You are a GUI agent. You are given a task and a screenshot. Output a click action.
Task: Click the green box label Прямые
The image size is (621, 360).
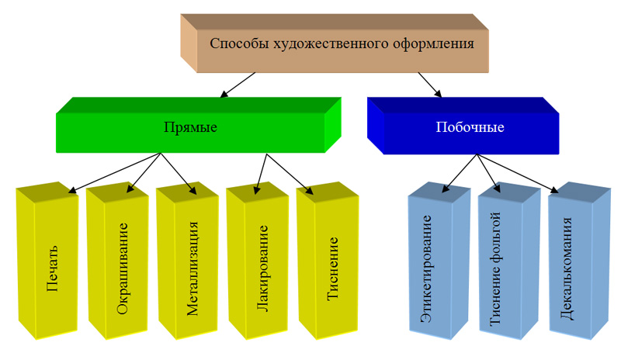(x=190, y=127)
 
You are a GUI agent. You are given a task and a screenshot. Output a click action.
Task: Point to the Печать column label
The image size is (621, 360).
(x=52, y=268)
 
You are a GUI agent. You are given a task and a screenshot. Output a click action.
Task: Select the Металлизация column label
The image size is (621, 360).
(x=192, y=268)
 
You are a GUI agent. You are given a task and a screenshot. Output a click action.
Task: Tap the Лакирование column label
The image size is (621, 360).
(x=262, y=268)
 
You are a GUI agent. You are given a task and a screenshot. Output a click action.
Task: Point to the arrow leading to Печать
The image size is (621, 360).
(x=115, y=172)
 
